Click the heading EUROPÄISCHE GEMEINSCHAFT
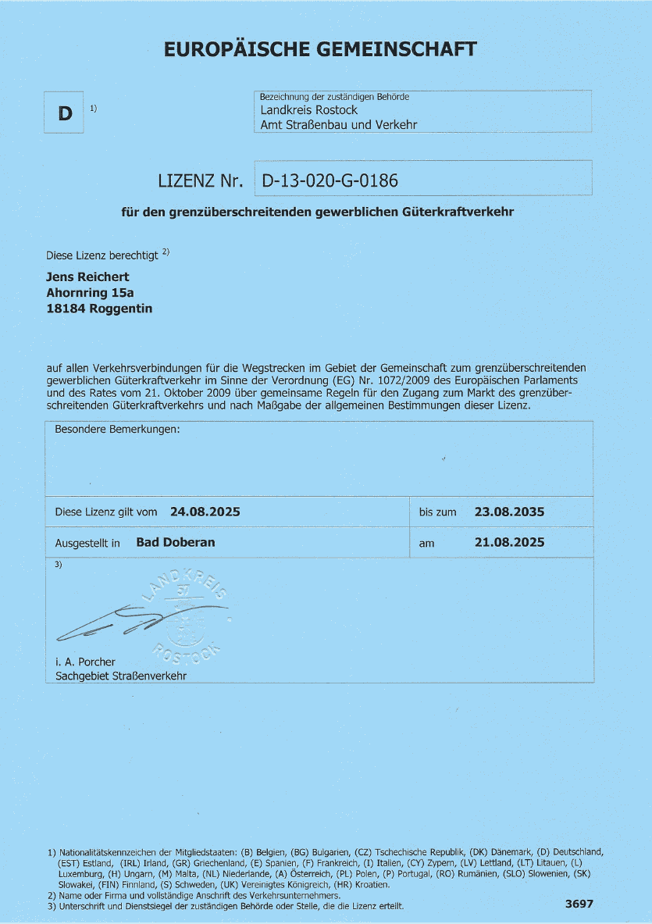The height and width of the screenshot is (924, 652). [320, 50]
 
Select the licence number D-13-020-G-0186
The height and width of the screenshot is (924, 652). [330, 181]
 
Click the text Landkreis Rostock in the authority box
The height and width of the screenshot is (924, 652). [309, 110]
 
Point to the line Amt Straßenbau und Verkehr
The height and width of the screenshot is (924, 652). [339, 124]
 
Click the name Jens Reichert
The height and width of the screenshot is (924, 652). [87, 276]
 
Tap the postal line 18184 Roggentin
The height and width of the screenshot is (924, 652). [100, 309]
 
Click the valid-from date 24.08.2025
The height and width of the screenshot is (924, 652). [205, 512]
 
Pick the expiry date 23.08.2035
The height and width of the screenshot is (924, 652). [509, 512]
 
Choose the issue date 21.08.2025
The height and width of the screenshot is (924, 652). [509, 542]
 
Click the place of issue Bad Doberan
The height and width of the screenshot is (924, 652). [175, 542]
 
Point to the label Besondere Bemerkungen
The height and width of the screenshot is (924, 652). [117, 430]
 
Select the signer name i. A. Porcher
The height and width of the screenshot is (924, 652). [85, 662]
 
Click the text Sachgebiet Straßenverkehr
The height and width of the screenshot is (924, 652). [121, 675]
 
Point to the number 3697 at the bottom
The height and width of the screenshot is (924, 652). [579, 904]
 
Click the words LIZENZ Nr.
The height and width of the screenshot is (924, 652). [201, 182]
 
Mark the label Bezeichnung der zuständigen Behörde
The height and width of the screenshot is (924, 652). [334, 97]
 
